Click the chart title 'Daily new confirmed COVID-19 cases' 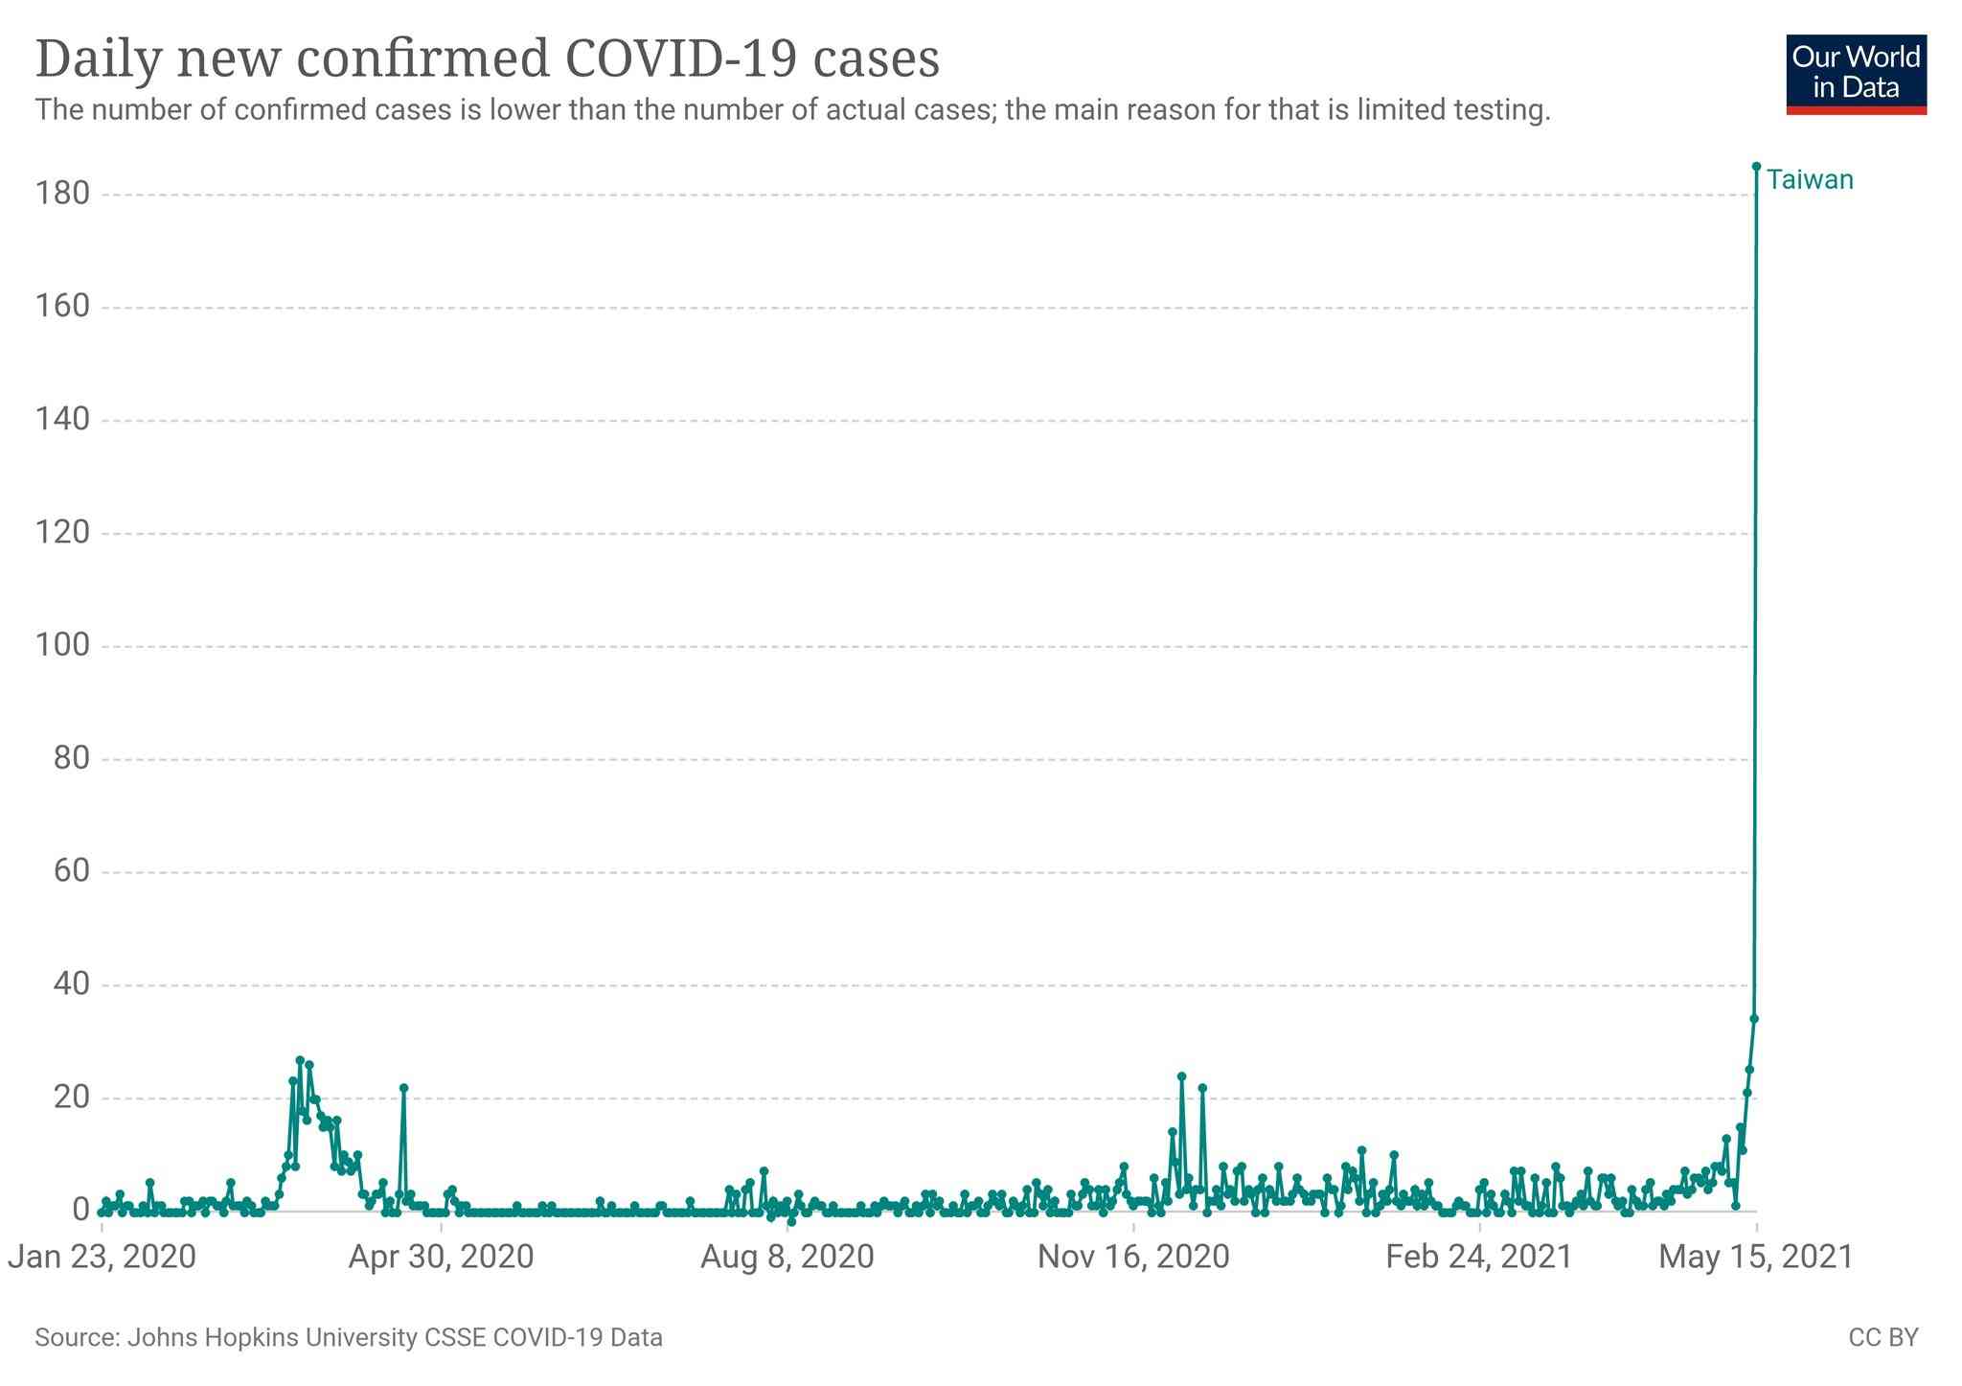(488, 58)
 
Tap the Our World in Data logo (1856, 75)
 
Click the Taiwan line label (1810, 179)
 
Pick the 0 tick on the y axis (80, 1211)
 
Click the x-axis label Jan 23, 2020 (102, 1257)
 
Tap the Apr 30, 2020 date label (441, 1257)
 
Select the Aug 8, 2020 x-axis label (787, 1257)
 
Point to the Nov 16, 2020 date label (1133, 1257)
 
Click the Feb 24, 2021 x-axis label (1479, 1257)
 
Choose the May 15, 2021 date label (1757, 1257)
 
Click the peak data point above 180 (1756, 166)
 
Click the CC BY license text (1883, 1337)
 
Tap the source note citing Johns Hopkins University (349, 1337)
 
